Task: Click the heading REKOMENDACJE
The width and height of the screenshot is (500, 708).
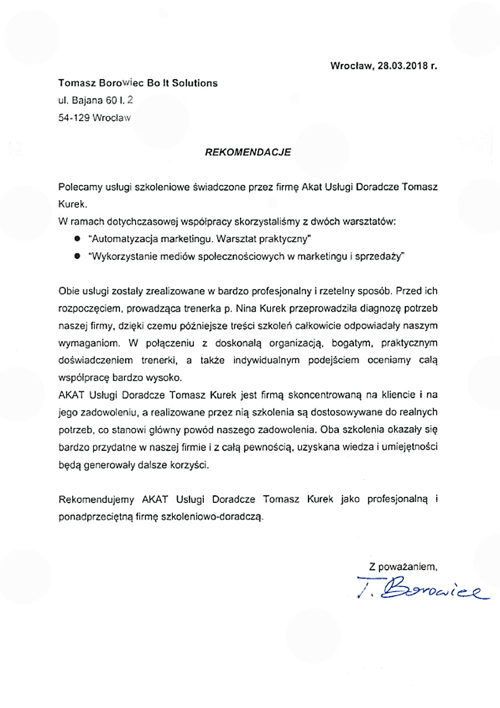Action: click(x=248, y=151)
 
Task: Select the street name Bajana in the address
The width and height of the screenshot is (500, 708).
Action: click(x=82, y=101)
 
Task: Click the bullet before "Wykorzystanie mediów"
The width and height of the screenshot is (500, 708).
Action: click(x=77, y=257)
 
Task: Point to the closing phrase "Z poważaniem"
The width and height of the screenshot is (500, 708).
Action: click(x=403, y=567)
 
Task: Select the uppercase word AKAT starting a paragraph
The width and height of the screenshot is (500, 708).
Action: click(x=70, y=395)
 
